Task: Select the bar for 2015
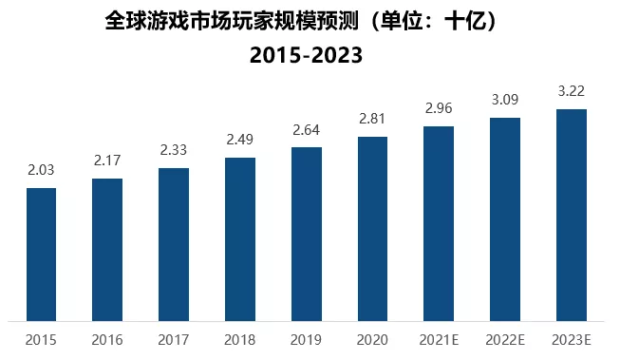[41, 254]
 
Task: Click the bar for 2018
[240, 238]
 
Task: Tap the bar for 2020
[372, 228]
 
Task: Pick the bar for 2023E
[572, 215]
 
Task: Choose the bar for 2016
[107, 249]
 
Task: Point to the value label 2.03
[41, 172]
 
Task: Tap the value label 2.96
[439, 108]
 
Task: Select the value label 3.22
[572, 92]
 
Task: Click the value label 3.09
[505, 100]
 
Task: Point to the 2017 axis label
[174, 339]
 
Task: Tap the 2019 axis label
[307, 339]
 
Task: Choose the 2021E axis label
[439, 339]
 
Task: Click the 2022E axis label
[505, 339]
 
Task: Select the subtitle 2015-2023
[306, 55]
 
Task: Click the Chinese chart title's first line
[306, 20]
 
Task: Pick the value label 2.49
[240, 141]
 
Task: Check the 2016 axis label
[107, 339]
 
